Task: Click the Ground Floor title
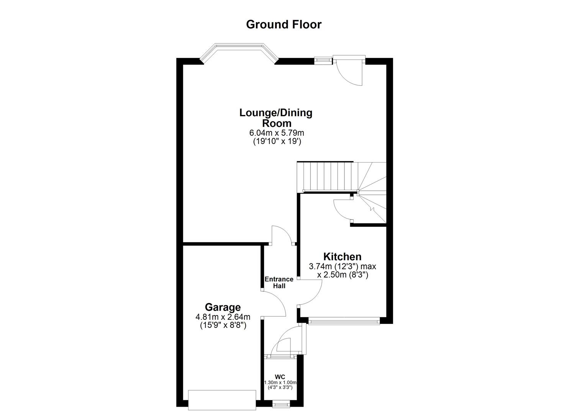284,24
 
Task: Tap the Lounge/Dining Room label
276,118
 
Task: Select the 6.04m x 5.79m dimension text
276,133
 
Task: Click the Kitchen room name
342,256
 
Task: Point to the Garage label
223,307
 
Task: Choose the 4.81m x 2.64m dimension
223,317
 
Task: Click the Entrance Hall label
279,282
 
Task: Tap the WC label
280,376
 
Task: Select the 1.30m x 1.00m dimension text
280,383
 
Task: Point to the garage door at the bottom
222,400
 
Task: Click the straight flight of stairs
328,176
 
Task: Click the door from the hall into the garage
274,303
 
